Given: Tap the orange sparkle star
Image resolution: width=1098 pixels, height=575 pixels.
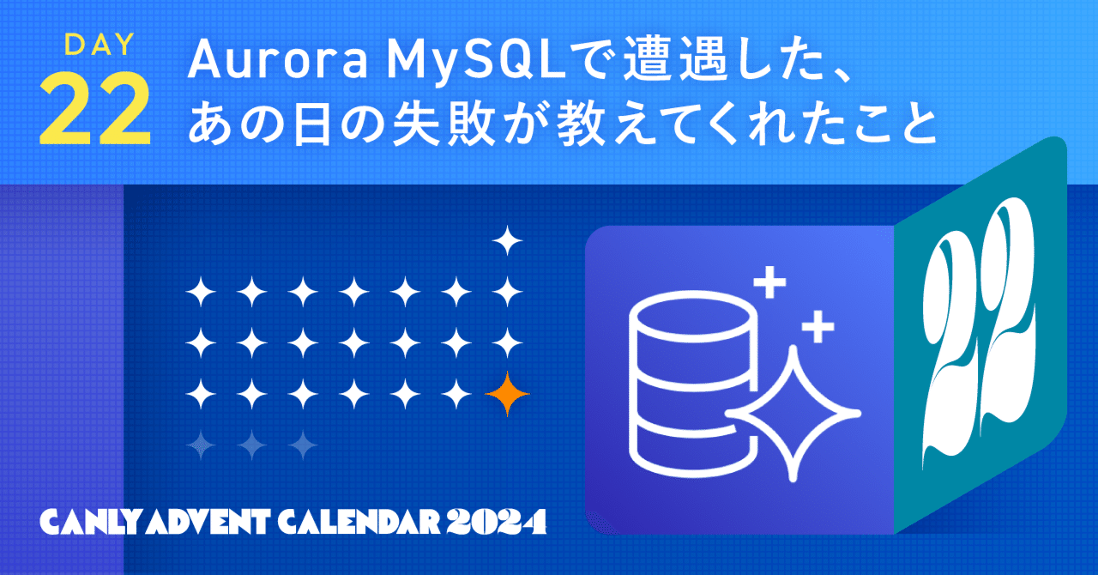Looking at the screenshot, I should pos(507,394).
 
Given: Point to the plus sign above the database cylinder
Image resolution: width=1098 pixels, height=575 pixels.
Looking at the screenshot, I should pos(769,282).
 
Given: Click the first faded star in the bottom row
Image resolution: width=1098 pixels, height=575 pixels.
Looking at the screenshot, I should pos(201,443).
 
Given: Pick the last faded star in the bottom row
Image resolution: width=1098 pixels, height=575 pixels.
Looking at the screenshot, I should pos(303,443).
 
